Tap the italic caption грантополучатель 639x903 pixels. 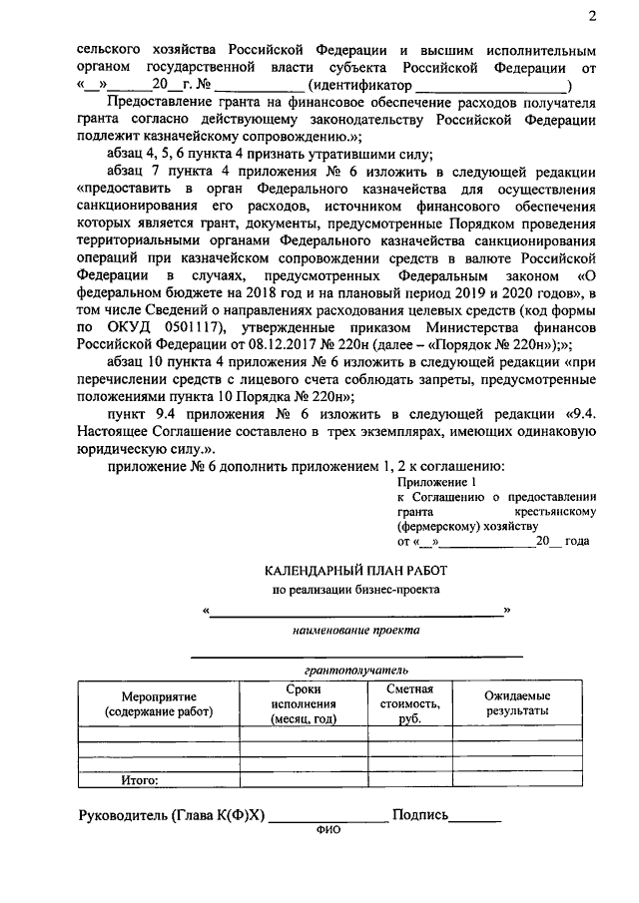(355, 671)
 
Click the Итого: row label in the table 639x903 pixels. (140, 780)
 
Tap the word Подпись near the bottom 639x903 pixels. (420, 816)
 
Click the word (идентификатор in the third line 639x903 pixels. (360, 85)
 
